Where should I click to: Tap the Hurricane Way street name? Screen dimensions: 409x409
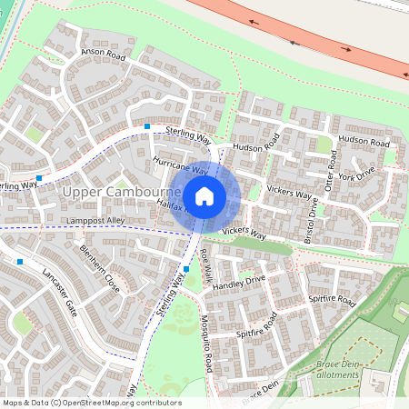pos(181,165)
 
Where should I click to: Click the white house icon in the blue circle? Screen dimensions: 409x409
pos(204,195)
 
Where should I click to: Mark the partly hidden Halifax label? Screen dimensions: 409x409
pos(170,207)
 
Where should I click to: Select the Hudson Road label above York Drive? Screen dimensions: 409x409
pos(364,143)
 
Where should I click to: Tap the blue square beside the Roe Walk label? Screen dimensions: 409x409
pos(186,269)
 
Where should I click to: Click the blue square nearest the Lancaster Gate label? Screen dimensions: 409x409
pos(20,262)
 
